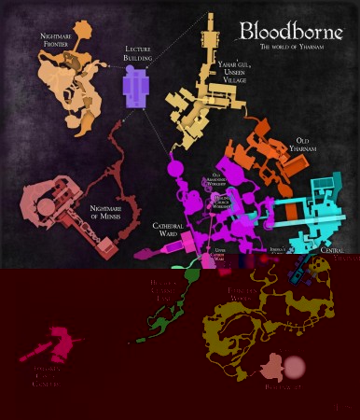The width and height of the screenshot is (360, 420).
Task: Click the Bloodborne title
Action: [291, 30]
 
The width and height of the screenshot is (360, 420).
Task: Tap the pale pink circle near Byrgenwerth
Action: [295, 367]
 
